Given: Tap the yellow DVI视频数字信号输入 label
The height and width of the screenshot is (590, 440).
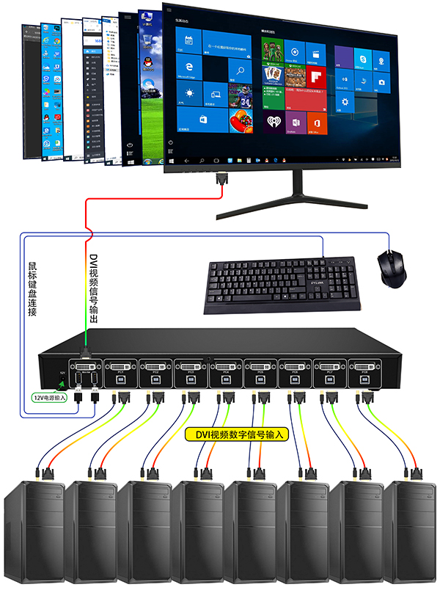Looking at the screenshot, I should point(236,434).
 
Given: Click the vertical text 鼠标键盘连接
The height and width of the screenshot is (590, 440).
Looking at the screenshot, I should point(32,290).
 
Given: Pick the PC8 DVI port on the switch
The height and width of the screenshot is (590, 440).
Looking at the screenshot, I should point(364,366).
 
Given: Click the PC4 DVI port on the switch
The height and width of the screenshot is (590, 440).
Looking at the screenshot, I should point(225,366).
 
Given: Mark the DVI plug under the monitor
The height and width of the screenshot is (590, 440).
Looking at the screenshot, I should point(222,179).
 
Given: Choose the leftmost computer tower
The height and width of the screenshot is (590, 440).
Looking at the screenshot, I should point(34,528).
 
